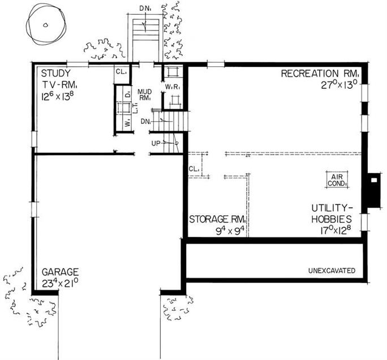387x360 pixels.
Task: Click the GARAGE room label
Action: pyautogui.click(x=60, y=272)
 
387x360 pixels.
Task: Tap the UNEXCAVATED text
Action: pyautogui.click(x=332, y=271)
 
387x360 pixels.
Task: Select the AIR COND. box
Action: pyautogui.click(x=337, y=180)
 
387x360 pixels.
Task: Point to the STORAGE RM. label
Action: pyautogui.click(x=217, y=219)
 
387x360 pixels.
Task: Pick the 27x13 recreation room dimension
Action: pyautogui.click(x=339, y=85)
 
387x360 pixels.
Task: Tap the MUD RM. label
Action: pyautogui.click(x=145, y=95)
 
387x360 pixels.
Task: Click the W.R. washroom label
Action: pyautogui.click(x=173, y=87)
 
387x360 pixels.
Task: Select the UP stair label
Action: pyautogui.click(x=156, y=143)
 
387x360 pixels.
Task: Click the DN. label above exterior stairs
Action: pyautogui.click(x=145, y=8)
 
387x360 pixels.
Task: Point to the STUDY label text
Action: pyautogui.click(x=56, y=73)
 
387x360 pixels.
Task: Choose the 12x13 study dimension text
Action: pyautogui.click(x=58, y=95)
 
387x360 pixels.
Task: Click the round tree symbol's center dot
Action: pyautogui.click(x=45, y=25)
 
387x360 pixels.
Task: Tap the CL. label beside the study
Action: pyautogui.click(x=121, y=72)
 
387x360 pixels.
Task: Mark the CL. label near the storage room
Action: pyautogui.click(x=194, y=169)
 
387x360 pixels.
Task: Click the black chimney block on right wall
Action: pyautogui.click(x=374, y=190)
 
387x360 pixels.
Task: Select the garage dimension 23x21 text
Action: pyautogui.click(x=60, y=283)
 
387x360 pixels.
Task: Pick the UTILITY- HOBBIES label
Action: pyautogui.click(x=332, y=213)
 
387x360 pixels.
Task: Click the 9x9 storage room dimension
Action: pyautogui.click(x=230, y=231)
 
